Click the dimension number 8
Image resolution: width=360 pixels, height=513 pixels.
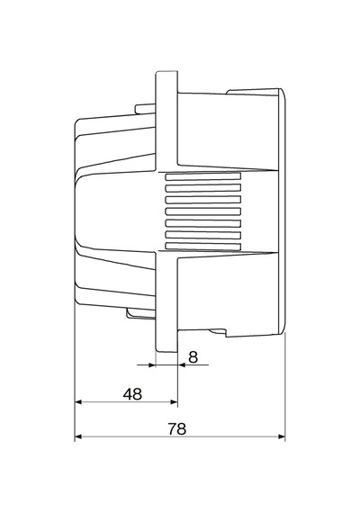coord(193,357)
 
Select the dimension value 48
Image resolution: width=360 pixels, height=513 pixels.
coord(132,394)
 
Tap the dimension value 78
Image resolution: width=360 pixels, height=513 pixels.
coord(177,429)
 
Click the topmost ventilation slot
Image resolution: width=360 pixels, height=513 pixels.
coord(203,176)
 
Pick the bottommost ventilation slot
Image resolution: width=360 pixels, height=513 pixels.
coord(203,247)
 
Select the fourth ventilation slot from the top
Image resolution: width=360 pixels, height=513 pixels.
coord(203,211)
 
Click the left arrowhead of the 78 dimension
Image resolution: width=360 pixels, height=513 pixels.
coord(78,436)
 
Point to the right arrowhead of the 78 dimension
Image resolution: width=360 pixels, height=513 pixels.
coord(282,436)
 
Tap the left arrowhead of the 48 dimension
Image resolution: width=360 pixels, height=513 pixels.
coord(78,401)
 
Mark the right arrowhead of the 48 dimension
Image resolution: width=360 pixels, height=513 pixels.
coord(174,401)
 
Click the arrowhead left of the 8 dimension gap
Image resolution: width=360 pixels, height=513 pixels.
coord(151,364)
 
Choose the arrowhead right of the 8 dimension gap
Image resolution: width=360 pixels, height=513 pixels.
coord(181,364)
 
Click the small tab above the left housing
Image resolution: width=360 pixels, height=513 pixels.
coord(145,109)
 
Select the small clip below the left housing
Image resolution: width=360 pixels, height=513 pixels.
coord(141,313)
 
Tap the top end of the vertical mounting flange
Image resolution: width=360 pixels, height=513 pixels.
coord(166,71)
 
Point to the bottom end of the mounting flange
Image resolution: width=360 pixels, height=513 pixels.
coord(166,351)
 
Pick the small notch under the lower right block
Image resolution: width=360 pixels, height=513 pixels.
coord(217,332)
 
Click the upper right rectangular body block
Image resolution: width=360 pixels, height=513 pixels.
coord(228,130)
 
